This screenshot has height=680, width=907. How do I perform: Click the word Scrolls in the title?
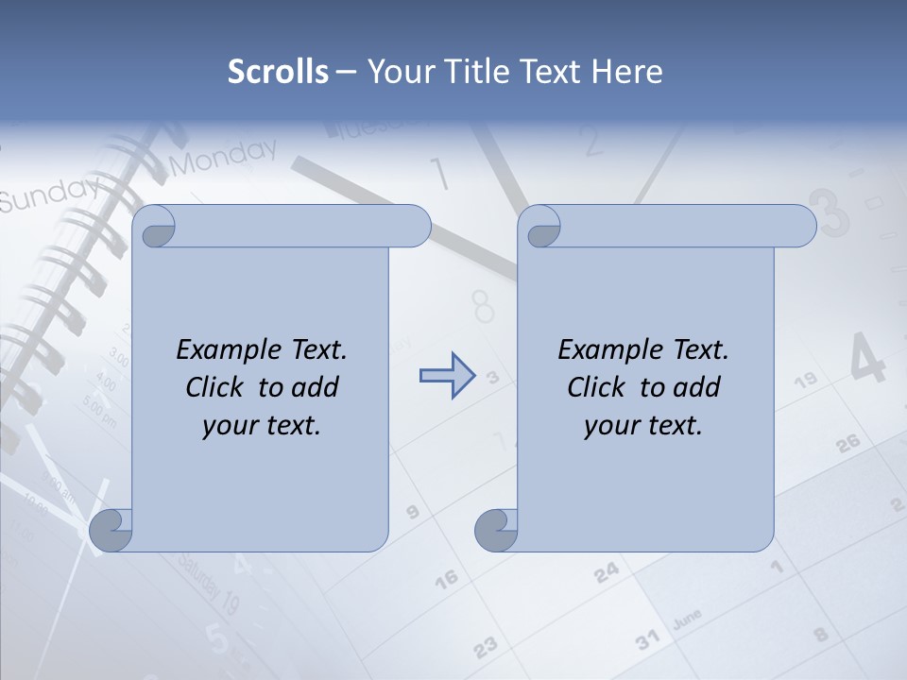[x=278, y=72]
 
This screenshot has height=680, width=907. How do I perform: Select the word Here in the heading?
[x=627, y=72]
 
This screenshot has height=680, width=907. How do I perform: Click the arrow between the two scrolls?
[x=446, y=376]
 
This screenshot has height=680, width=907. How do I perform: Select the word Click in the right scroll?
[x=596, y=388]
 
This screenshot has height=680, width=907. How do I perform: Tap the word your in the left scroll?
[x=229, y=426]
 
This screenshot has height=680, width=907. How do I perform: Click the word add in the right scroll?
[x=696, y=388]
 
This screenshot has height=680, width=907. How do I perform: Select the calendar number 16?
[x=446, y=576]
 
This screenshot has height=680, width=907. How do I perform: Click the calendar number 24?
[x=607, y=570]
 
